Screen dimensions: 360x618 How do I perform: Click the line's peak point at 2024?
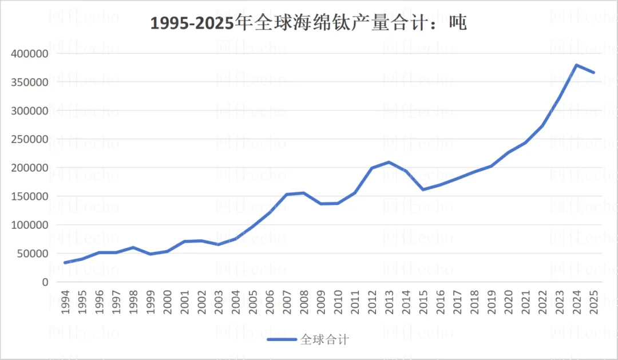[576, 65]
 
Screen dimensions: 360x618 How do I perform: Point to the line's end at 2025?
[593, 73]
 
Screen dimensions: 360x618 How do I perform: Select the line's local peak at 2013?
[389, 162]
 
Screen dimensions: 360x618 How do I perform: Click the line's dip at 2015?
[423, 189]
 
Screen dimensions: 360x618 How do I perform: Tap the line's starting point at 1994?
[65, 263]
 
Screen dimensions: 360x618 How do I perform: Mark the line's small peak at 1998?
[133, 247]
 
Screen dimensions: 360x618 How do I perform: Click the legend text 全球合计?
[324, 339]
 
